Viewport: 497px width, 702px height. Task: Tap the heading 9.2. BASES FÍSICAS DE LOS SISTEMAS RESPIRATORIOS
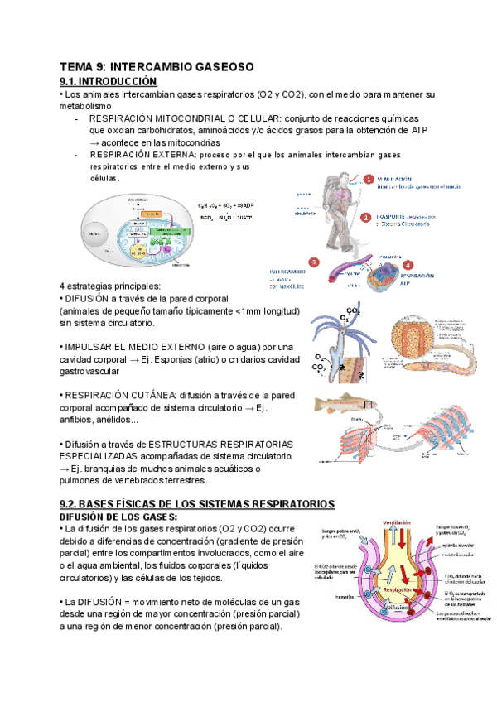point(197,503)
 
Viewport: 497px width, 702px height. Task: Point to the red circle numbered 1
point(369,179)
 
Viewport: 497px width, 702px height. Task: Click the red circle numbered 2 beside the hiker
point(365,217)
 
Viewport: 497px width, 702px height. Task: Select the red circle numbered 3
point(313,262)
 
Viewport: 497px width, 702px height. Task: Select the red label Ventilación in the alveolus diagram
point(398,522)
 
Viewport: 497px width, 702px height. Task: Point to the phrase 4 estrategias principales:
point(106,286)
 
